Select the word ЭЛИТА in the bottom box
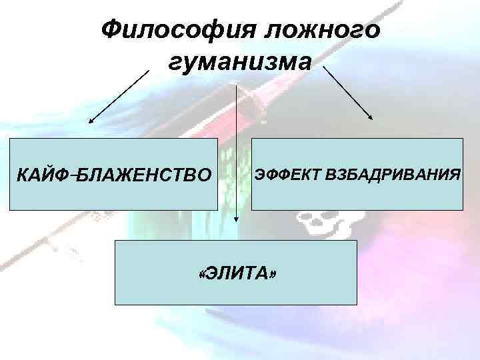[237, 273]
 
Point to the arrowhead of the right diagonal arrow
[371, 119]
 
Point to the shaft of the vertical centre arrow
[235, 147]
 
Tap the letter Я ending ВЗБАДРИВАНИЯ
[455, 175]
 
